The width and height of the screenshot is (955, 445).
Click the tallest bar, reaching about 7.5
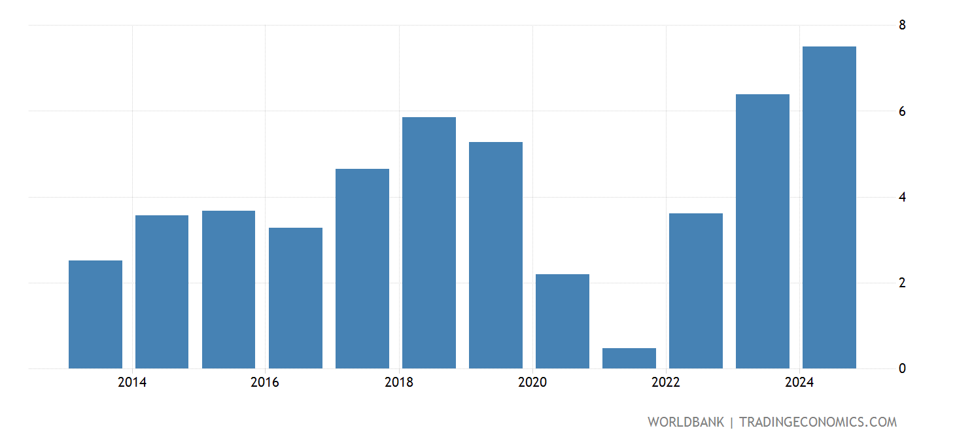pyautogui.click(x=829, y=207)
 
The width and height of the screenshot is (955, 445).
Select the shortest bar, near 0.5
pyautogui.click(x=629, y=358)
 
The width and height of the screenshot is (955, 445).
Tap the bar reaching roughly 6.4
pyautogui.click(x=762, y=231)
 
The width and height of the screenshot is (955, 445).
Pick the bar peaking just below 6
pyautogui.click(x=428, y=243)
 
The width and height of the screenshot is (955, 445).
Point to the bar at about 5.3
pyautogui.click(x=495, y=255)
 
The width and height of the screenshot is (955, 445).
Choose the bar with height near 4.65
pyautogui.click(x=362, y=268)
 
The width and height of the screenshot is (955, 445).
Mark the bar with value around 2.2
pyautogui.click(x=562, y=321)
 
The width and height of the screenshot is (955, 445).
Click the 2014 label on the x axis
pyautogui.click(x=132, y=383)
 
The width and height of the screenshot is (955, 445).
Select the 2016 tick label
pyautogui.click(x=265, y=383)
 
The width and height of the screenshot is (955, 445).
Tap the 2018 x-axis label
pyautogui.click(x=399, y=383)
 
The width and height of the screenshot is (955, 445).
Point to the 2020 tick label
pyautogui.click(x=532, y=383)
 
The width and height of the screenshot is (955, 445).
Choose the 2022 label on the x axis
pyautogui.click(x=666, y=383)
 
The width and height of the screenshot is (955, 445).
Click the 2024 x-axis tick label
pyautogui.click(x=799, y=383)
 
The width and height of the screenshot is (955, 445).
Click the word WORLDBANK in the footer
pyautogui.click(x=686, y=422)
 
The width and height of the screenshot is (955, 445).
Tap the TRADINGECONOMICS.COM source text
pyautogui.click(x=818, y=422)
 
